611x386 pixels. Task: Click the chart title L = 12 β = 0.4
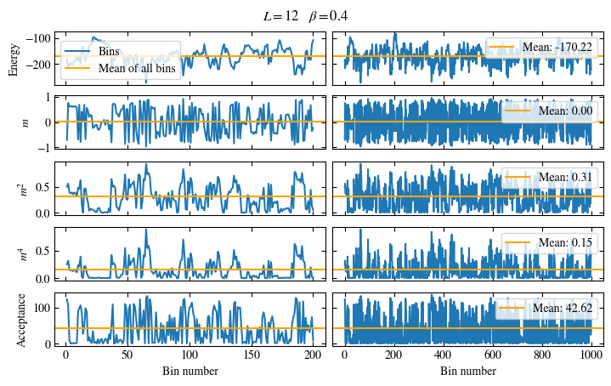(305, 16)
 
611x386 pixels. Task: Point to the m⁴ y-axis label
(24, 253)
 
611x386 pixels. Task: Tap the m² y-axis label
(24, 188)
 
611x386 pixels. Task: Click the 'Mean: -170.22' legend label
(557, 46)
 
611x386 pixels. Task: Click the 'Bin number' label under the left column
(190, 372)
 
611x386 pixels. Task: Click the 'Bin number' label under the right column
(467, 372)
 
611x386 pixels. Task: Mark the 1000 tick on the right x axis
(591, 356)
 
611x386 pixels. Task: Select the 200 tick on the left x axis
(313, 356)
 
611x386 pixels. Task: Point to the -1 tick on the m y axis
(45, 147)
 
